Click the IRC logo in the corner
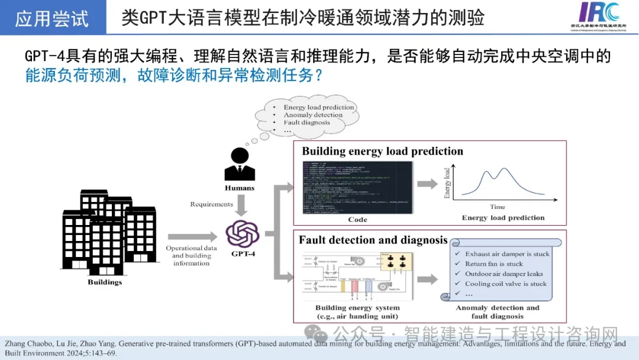coord(599,16)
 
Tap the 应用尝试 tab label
coord(52,18)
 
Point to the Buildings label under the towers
coord(105,282)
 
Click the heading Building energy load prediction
coord(382,151)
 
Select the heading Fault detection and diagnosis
coord(373,240)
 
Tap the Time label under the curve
coord(497,207)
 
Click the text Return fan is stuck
coord(494,264)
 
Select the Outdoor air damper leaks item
coord(504,274)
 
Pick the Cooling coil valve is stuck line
coord(505,284)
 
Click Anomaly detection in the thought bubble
coord(313,115)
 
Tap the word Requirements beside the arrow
coord(211,204)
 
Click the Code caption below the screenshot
coord(357,220)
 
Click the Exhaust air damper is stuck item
coord(507,254)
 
